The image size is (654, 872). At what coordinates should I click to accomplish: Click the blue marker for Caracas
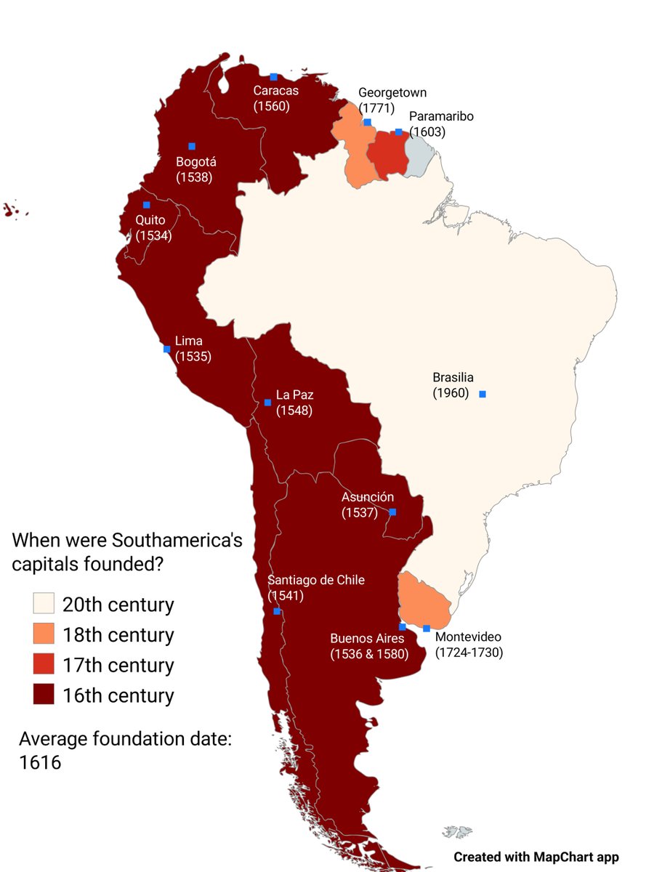(274, 77)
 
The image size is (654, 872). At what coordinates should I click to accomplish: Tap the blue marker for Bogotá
(192, 146)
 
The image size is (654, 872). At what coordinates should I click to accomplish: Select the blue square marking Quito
(147, 205)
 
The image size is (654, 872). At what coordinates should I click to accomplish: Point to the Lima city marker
(167, 349)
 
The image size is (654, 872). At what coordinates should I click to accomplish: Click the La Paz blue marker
(267, 402)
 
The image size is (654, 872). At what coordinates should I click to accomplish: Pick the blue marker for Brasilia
(483, 394)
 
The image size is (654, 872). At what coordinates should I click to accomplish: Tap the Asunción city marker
(392, 512)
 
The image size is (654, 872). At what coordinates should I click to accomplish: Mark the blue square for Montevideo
(427, 629)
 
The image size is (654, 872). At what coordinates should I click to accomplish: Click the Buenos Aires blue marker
(403, 626)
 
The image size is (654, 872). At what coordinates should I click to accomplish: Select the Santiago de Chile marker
(277, 611)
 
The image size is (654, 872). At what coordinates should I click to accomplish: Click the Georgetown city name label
(392, 93)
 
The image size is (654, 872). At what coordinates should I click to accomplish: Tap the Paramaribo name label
(441, 116)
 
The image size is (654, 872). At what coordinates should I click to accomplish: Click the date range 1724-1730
(469, 653)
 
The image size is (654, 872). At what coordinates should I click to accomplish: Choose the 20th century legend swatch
(44, 605)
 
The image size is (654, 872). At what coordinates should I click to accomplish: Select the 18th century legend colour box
(44, 634)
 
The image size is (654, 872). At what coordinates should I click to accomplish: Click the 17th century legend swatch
(44, 665)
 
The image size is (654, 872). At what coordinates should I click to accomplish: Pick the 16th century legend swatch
(44, 695)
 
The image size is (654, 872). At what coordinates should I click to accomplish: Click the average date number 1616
(40, 763)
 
